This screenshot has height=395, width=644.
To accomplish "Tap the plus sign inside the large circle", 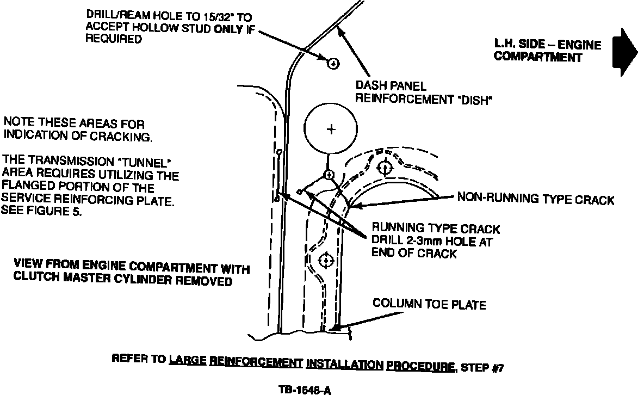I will (x=331, y=129).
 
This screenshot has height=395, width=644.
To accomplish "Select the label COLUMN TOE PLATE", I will (x=429, y=304).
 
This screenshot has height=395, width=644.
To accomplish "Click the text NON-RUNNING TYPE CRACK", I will (x=535, y=200).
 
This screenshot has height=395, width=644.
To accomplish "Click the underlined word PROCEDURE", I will (x=420, y=366).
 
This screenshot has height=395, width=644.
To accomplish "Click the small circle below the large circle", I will (x=329, y=175).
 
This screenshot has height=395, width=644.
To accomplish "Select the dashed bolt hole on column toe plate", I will (x=325, y=260).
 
